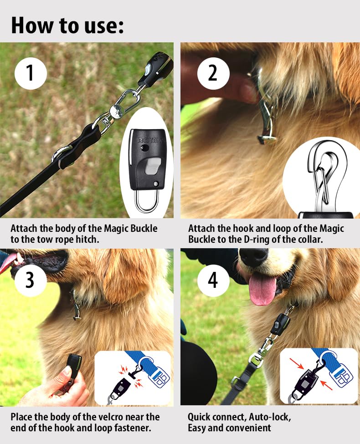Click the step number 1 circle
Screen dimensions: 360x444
pyautogui.click(x=31, y=73)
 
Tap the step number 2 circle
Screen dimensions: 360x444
pyautogui.click(x=213, y=73)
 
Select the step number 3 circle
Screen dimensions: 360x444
pyautogui.click(x=31, y=281)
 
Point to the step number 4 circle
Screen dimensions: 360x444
pyautogui.click(x=213, y=281)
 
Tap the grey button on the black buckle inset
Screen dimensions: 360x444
pyautogui.click(x=154, y=166)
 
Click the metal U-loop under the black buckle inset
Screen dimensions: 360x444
pyautogui.click(x=147, y=200)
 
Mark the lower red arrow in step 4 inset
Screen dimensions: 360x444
pyautogui.click(x=327, y=385)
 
